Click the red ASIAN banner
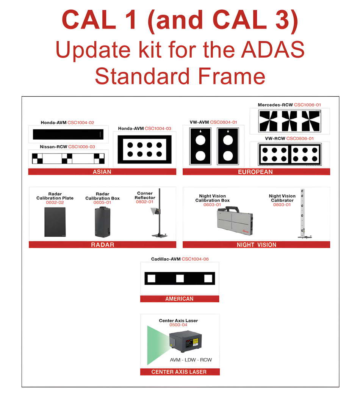click(102, 172)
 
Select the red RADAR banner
click(102, 245)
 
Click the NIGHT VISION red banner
click(256, 245)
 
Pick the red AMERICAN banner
click(179, 299)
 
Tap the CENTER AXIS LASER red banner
click(179, 372)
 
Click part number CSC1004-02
click(81, 123)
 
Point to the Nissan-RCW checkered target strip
click(69, 159)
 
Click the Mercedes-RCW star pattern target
click(290, 121)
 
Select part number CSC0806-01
click(300, 138)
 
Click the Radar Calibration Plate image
click(55, 222)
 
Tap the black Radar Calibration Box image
click(102, 222)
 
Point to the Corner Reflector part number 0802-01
click(145, 202)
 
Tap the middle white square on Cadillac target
click(180, 279)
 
